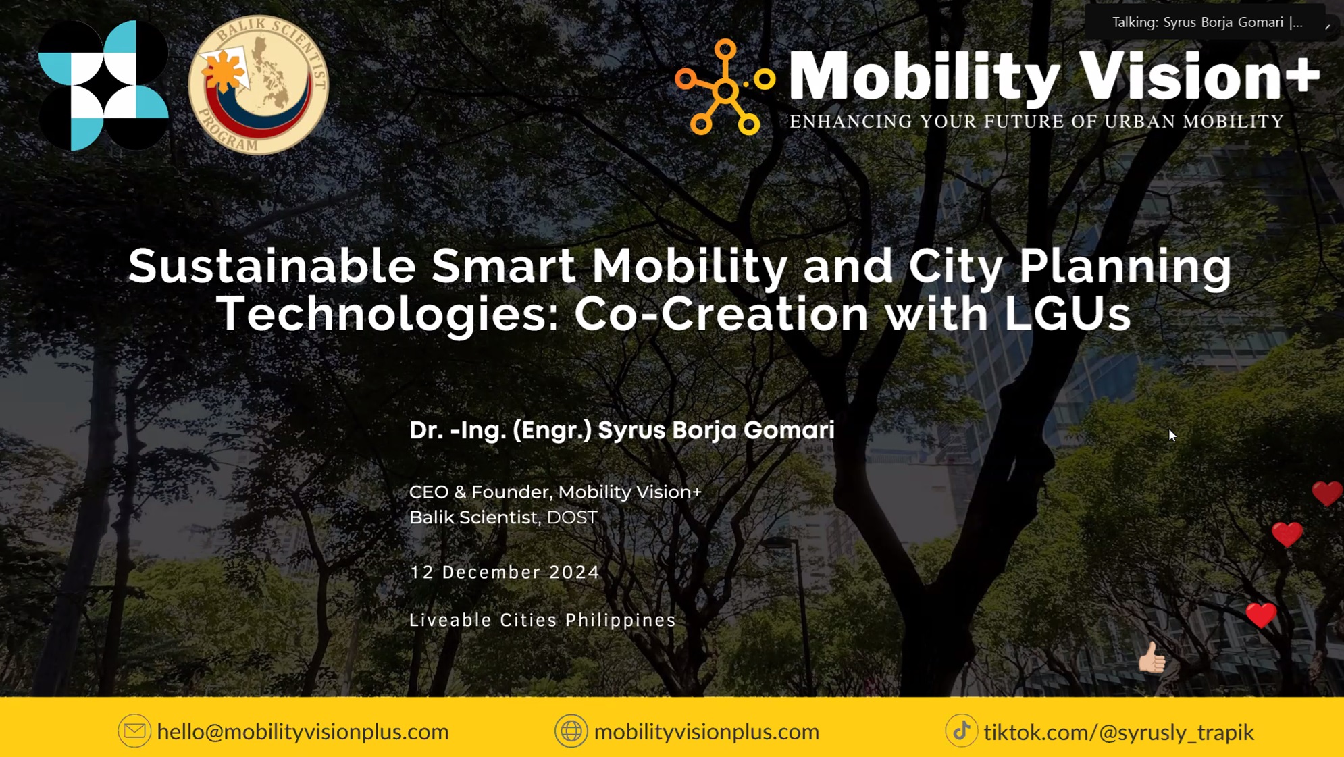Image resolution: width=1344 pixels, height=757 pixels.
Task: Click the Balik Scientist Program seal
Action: pyautogui.click(x=258, y=85)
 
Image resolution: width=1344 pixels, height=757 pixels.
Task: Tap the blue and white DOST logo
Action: pyautogui.click(x=103, y=85)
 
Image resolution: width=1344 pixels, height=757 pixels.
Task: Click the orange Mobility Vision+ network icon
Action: pyautogui.click(x=725, y=87)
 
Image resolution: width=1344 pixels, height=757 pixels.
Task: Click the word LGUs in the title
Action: pyautogui.click(x=1067, y=313)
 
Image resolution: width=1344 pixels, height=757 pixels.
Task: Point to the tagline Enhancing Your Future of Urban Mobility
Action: pyautogui.click(x=1037, y=122)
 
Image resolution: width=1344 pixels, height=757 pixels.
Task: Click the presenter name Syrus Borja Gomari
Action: pyautogui.click(x=716, y=430)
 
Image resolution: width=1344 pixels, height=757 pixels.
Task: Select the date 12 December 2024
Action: pyautogui.click(x=505, y=572)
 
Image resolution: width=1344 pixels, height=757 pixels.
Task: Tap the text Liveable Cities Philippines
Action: pyautogui.click(x=542, y=620)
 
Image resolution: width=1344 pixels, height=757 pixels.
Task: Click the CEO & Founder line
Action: pyautogui.click(x=555, y=492)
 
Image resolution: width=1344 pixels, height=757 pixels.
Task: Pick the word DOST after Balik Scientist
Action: pyautogui.click(x=572, y=517)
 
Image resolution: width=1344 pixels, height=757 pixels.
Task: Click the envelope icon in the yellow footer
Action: pyautogui.click(x=134, y=731)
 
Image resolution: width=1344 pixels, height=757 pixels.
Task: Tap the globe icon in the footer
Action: pyautogui.click(x=571, y=731)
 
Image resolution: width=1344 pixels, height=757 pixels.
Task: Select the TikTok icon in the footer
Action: pyautogui.click(x=961, y=731)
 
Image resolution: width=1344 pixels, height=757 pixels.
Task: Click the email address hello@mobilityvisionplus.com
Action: pyautogui.click(x=303, y=731)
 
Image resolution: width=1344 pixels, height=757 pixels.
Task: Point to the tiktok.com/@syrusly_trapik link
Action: pyautogui.click(x=1118, y=732)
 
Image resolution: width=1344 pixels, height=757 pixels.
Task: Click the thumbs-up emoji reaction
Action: pyautogui.click(x=1152, y=658)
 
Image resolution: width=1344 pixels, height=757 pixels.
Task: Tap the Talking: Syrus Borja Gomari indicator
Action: pyautogui.click(x=1208, y=22)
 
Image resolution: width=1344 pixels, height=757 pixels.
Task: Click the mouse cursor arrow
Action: pyautogui.click(x=1172, y=435)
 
